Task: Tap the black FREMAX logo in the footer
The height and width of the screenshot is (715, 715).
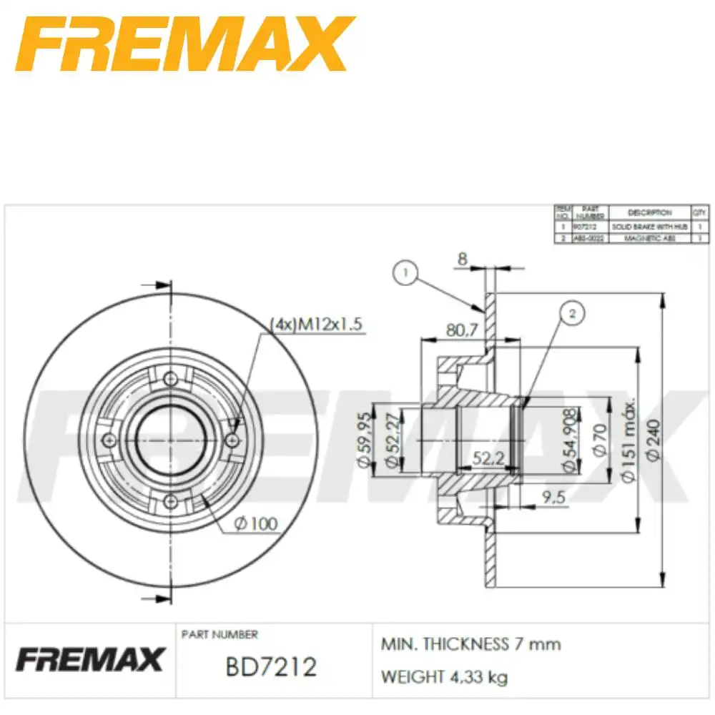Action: tap(90, 659)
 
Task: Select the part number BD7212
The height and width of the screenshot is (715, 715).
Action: tap(271, 667)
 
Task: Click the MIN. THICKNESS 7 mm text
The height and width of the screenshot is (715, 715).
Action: tap(470, 644)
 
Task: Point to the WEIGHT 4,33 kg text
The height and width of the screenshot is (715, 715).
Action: tap(444, 676)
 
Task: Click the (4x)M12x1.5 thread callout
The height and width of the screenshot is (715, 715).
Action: tap(317, 325)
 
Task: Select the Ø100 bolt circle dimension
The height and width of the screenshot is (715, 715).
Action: tap(255, 525)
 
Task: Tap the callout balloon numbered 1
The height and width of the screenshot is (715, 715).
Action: tap(405, 272)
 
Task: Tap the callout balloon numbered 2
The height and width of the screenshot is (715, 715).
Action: tap(571, 312)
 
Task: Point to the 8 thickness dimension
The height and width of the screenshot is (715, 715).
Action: tap(463, 260)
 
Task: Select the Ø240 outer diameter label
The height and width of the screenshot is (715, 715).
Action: tap(653, 442)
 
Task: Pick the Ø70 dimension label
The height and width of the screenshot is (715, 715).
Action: tap(598, 442)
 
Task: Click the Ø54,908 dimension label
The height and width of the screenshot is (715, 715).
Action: tap(570, 441)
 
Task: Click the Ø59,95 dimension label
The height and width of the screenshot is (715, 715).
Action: tap(364, 440)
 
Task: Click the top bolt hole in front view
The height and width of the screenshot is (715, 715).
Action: tap(170, 380)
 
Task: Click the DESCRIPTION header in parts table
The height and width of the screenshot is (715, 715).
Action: tap(649, 212)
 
